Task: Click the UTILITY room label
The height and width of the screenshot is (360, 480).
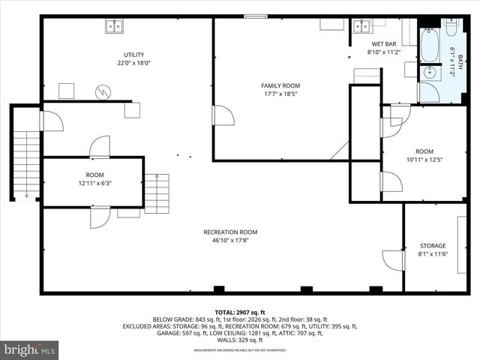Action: [134, 55]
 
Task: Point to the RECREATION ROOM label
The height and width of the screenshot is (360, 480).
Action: [230, 232]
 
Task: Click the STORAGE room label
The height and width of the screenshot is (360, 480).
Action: [433, 246]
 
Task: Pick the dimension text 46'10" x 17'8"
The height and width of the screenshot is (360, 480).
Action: [230, 241]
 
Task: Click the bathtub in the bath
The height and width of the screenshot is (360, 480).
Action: [430, 46]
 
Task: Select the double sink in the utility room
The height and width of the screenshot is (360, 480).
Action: [115, 26]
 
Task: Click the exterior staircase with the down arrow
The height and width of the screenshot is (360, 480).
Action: [26, 165]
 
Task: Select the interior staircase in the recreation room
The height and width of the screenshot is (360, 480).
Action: [157, 193]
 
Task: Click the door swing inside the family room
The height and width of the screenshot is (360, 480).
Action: [223, 115]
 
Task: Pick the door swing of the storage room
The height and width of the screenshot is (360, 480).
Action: [394, 260]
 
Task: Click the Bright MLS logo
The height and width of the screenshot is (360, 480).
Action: [30, 349]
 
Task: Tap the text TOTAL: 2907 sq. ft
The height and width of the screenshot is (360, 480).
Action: [240, 312]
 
